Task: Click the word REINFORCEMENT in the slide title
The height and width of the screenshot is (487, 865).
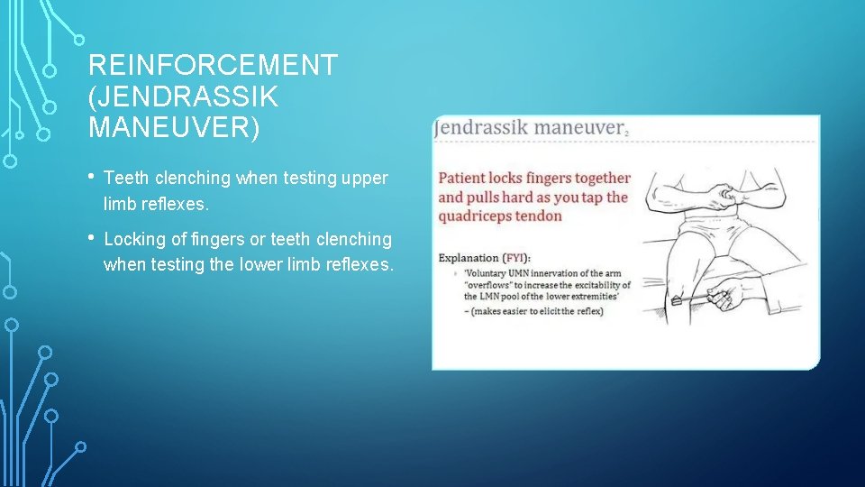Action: [x=213, y=66]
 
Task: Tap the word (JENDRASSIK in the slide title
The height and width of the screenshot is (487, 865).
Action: [x=184, y=96]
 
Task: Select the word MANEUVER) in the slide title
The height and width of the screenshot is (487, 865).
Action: [x=174, y=127]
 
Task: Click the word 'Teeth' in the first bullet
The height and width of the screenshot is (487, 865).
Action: [x=126, y=179]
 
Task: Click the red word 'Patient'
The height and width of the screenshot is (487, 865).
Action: [x=465, y=179]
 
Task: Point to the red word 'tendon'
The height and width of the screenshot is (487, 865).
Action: [x=540, y=216]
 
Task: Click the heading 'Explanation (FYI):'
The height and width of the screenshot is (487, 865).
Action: [x=485, y=258]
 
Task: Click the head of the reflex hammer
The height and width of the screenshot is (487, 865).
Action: [x=676, y=301]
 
